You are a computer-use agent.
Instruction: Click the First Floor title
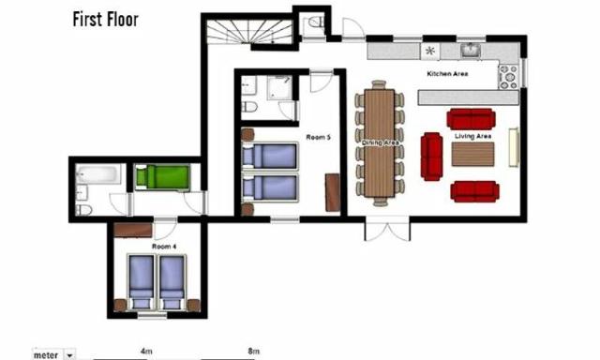pos(105,19)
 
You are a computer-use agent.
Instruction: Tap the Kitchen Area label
pos(447,73)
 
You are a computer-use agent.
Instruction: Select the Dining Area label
pos(380,141)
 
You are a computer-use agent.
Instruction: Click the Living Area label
pos(473,137)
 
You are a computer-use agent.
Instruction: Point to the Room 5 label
pos(316,137)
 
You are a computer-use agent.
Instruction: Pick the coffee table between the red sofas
pos(472,154)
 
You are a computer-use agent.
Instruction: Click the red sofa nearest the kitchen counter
pos(471,118)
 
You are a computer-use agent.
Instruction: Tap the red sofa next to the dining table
pos(431,156)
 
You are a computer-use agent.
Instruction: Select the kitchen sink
pos(469,51)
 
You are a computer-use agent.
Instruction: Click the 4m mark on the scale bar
pos(146,351)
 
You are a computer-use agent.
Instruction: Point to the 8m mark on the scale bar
pos(253,351)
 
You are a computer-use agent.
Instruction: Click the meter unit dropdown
pos(68,355)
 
